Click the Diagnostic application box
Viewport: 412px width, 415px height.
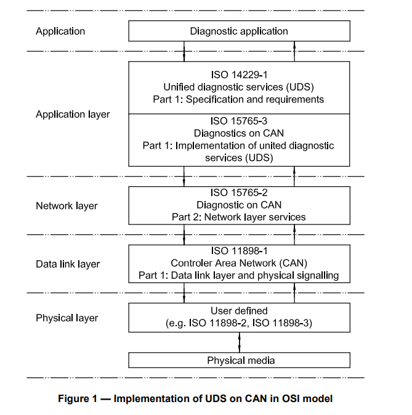click(238, 31)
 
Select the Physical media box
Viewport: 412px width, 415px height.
click(238, 360)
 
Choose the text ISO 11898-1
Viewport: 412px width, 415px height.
click(238, 252)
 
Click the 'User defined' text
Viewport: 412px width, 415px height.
click(238, 311)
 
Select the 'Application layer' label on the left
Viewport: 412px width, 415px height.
click(73, 114)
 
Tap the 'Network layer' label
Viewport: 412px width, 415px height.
click(67, 205)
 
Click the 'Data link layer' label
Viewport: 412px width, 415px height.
click(68, 264)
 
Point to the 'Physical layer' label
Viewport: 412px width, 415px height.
click(67, 318)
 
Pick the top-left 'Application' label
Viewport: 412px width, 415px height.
click(60, 31)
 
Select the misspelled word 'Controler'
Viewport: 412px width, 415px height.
click(190, 263)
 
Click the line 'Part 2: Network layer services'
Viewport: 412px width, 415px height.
click(238, 217)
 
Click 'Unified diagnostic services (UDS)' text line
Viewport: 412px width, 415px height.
click(238, 88)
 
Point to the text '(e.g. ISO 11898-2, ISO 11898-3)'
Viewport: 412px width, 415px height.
click(238, 323)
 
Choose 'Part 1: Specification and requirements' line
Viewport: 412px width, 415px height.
click(238, 99)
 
